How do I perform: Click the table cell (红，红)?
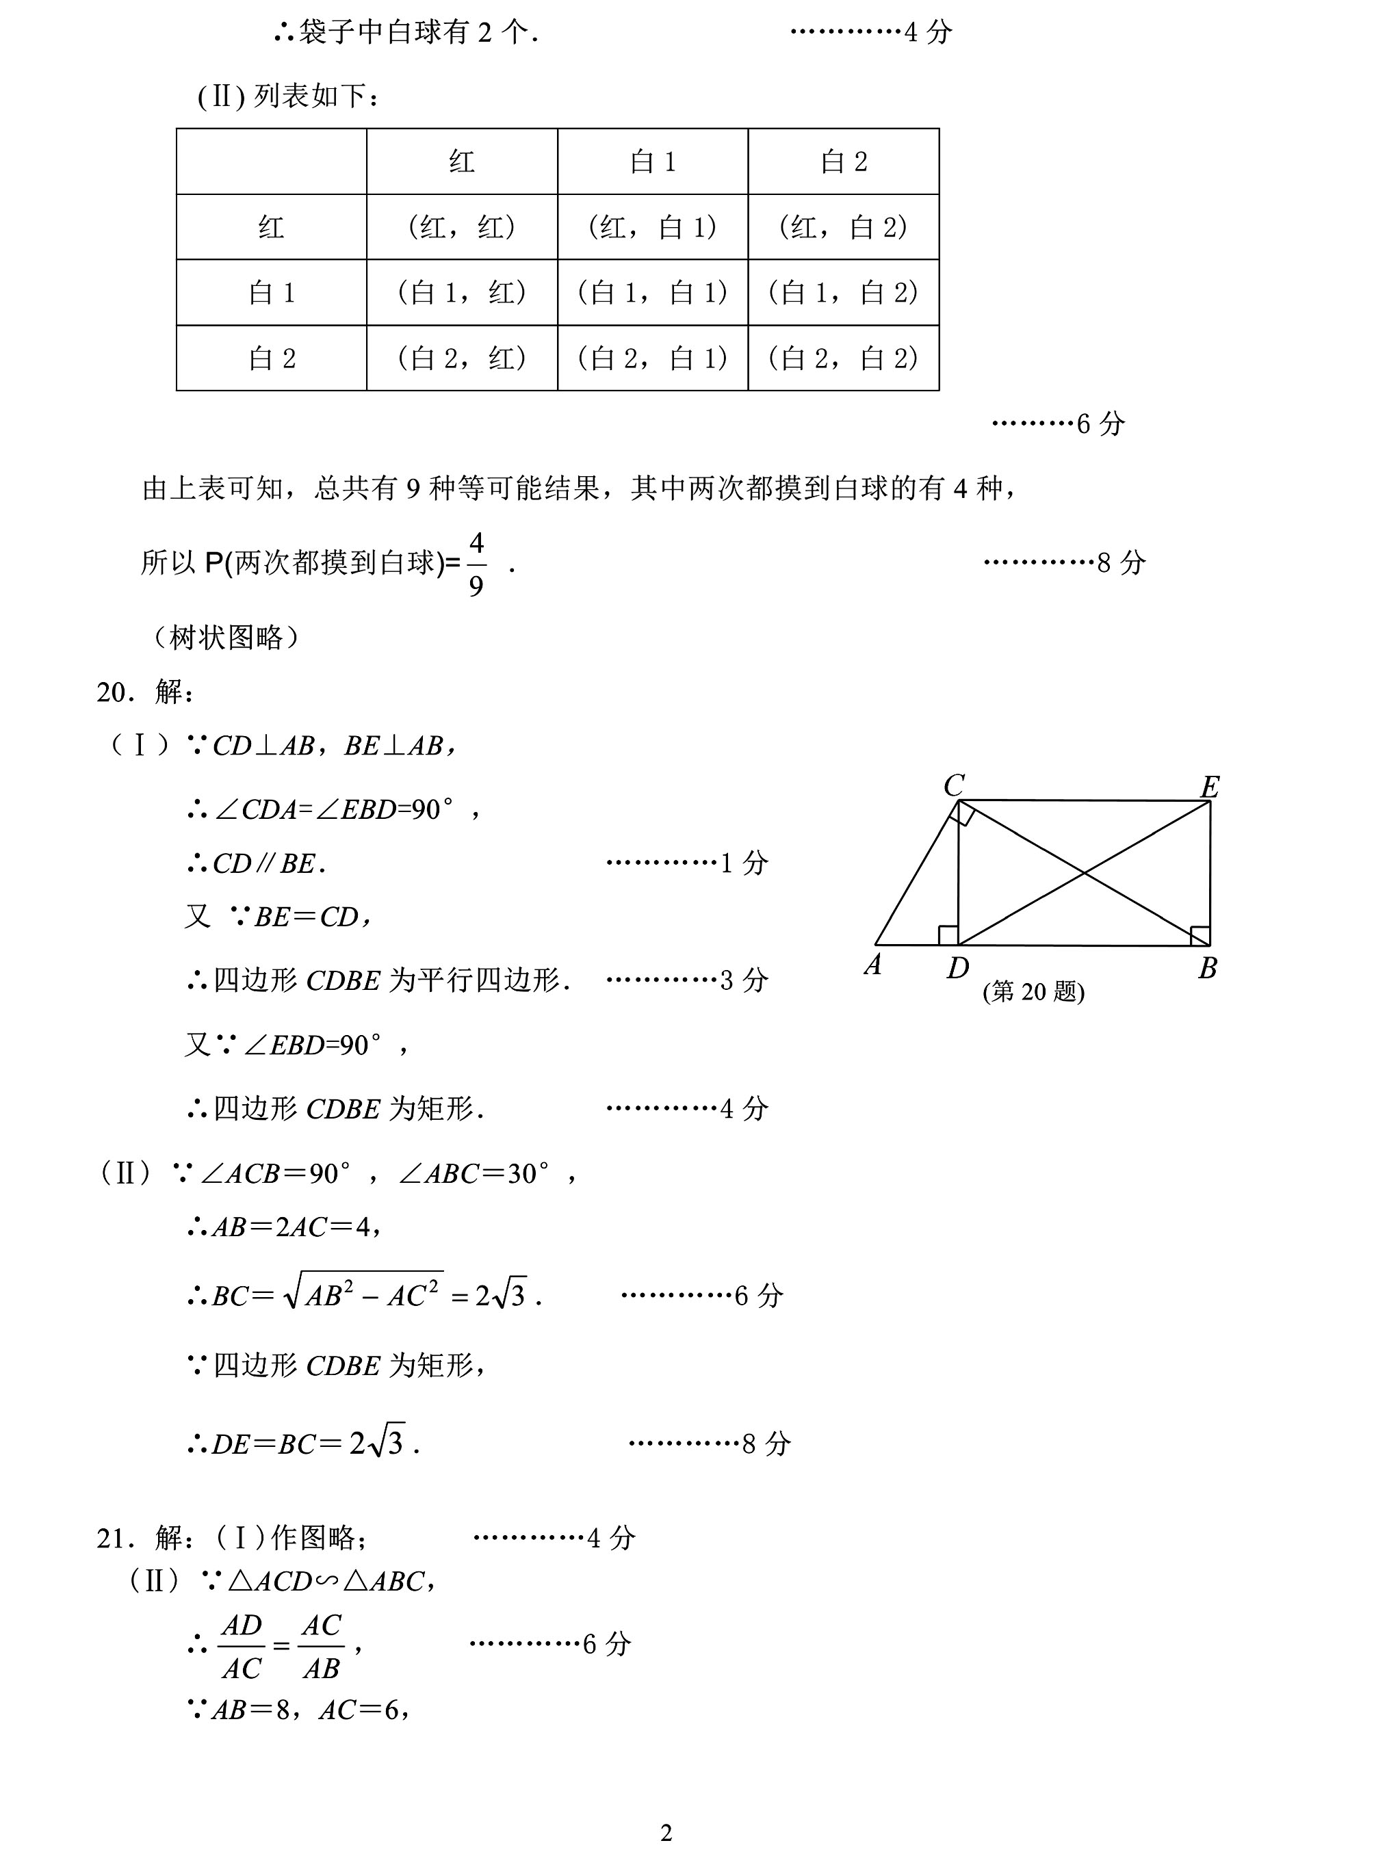(x=462, y=227)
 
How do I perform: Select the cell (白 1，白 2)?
(x=844, y=293)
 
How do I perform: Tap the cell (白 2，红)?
(x=462, y=358)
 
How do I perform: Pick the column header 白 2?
(x=844, y=161)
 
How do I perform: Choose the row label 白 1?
(x=272, y=293)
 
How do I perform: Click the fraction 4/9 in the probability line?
(x=476, y=564)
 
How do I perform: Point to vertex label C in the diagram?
(x=953, y=785)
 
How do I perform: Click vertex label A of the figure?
(x=872, y=965)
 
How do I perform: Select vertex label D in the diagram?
(x=957, y=968)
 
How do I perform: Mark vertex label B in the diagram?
(x=1208, y=968)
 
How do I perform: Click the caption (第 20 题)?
(x=1033, y=992)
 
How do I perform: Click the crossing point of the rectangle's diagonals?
(x=1084, y=872)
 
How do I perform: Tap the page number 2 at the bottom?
(x=666, y=1833)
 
